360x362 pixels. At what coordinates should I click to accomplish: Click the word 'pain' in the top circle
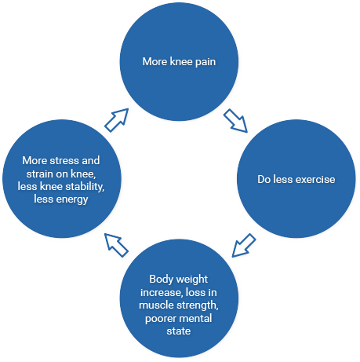point(205,62)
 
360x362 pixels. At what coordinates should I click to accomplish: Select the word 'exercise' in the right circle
point(315,179)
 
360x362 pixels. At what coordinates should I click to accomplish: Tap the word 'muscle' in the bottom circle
point(152,305)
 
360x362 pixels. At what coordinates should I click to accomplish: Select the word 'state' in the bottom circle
point(179,331)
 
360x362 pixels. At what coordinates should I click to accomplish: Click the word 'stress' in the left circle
point(64,161)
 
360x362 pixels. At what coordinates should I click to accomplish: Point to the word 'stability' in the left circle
point(85,187)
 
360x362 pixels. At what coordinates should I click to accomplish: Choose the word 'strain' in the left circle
point(40,174)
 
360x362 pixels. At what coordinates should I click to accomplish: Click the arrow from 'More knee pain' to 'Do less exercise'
point(235,121)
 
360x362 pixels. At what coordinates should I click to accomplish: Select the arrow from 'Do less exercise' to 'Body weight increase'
point(244,245)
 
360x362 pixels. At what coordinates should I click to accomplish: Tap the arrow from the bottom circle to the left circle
point(116,245)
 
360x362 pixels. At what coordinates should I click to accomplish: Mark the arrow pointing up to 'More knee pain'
point(117,120)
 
